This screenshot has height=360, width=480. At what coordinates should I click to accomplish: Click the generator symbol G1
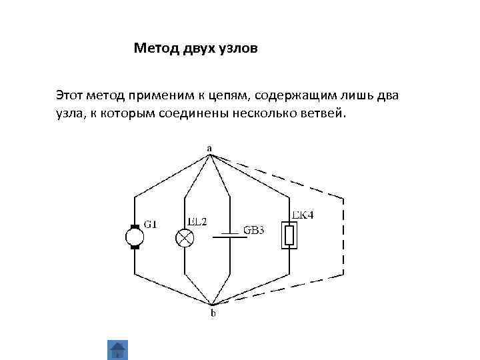click(x=134, y=237)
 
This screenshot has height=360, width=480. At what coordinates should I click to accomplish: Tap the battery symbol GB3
click(x=229, y=235)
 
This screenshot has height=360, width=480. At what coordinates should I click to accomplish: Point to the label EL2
click(x=197, y=221)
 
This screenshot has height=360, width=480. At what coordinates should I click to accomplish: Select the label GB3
click(x=254, y=231)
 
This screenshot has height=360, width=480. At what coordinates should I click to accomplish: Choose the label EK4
click(x=303, y=215)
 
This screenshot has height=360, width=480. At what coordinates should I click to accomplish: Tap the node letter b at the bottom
click(x=213, y=313)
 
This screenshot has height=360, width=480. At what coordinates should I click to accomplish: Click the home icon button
click(x=117, y=349)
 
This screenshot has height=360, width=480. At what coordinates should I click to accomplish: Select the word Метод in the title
click(x=155, y=48)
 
